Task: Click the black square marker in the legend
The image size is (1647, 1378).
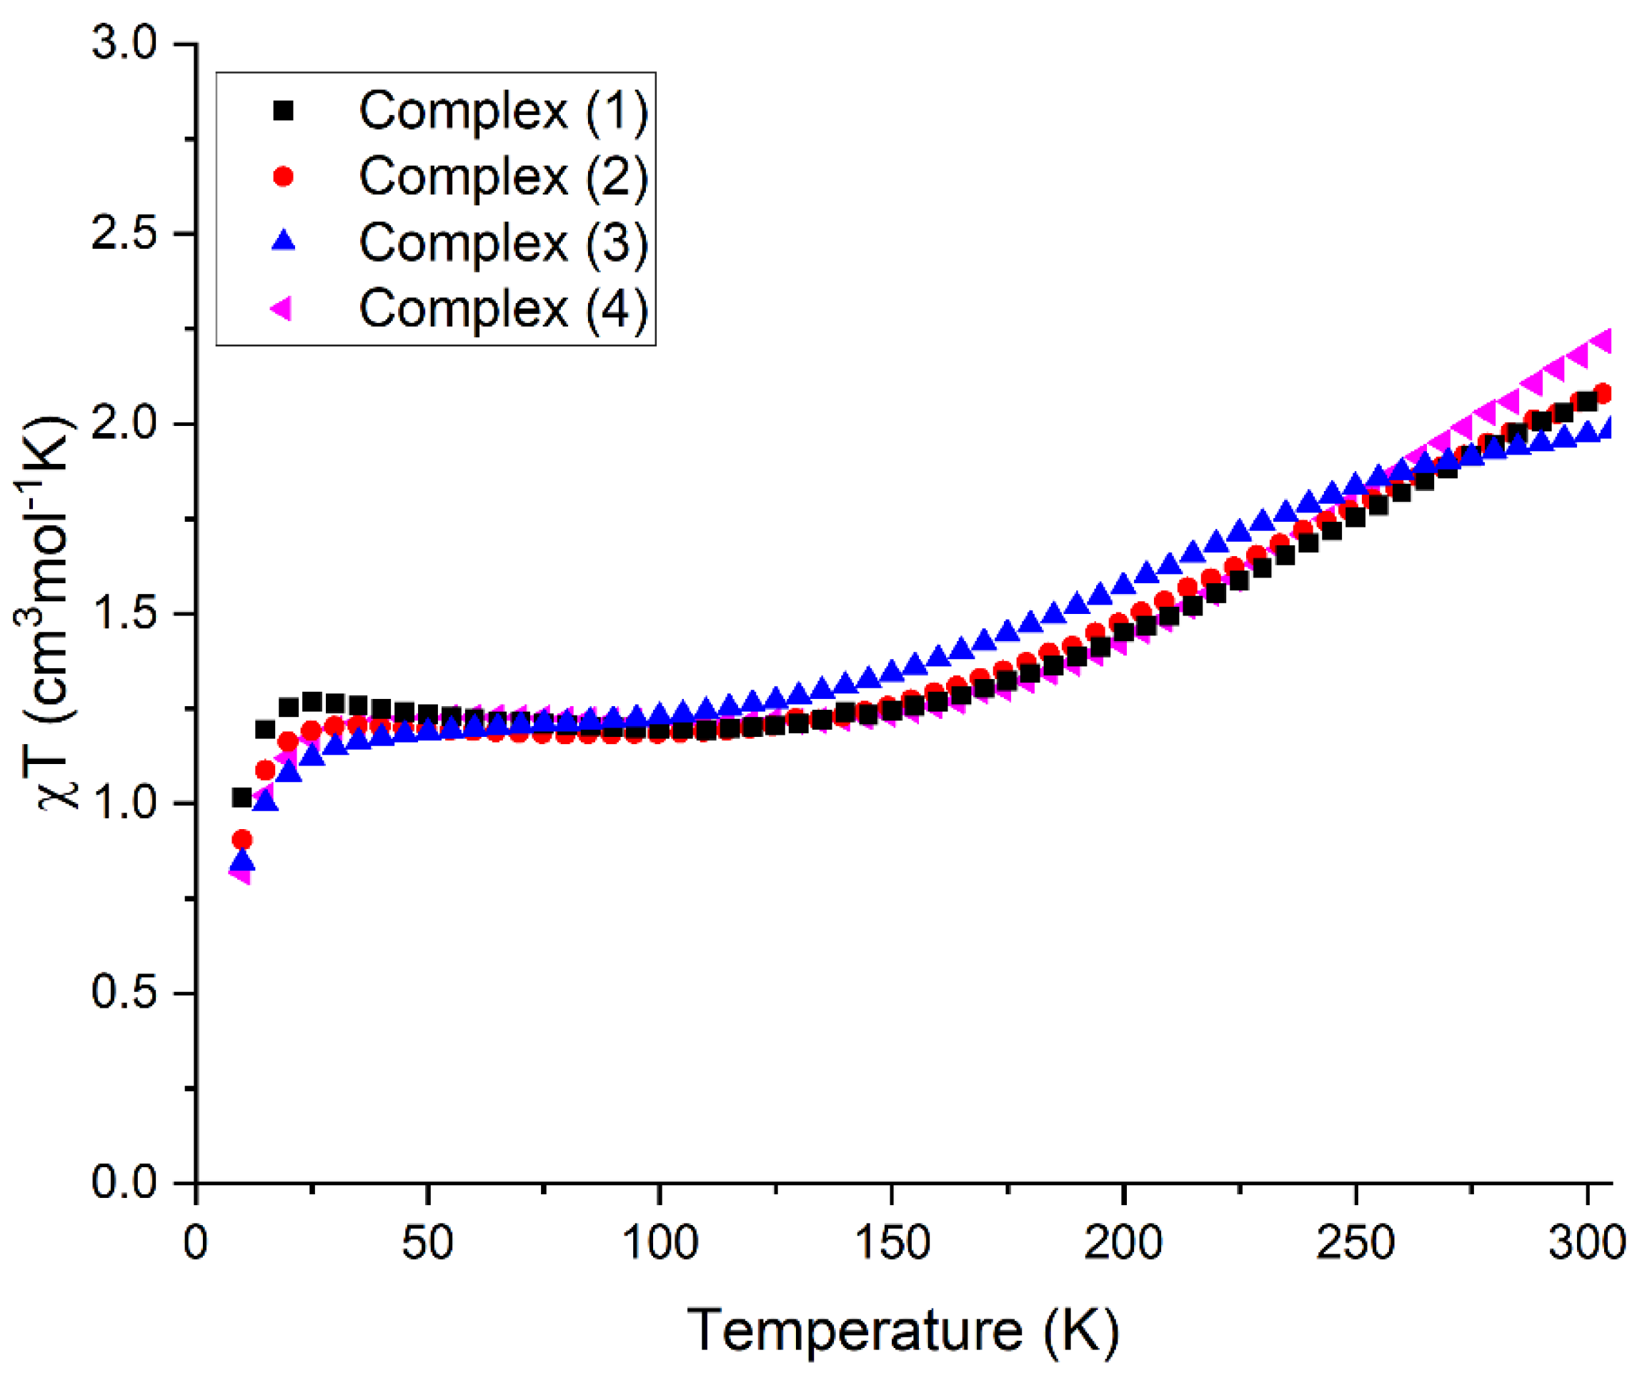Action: click(282, 111)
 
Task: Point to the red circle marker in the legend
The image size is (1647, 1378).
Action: click(282, 177)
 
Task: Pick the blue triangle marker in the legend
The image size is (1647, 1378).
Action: click(282, 242)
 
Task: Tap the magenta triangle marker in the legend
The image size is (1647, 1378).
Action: click(281, 308)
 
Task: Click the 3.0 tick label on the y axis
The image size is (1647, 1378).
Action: click(126, 43)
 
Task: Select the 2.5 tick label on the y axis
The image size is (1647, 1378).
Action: click(126, 234)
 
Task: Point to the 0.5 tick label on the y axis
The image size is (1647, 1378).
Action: click(126, 992)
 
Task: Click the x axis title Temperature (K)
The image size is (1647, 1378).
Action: click(902, 1330)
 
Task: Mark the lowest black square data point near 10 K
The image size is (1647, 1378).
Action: click(242, 798)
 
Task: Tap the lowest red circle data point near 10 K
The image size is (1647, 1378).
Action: click(242, 840)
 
